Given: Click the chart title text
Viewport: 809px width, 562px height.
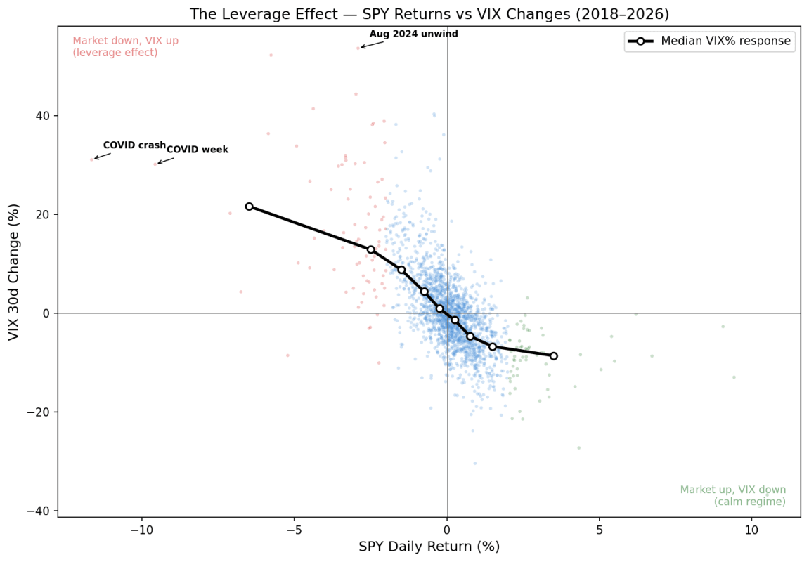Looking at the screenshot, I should tap(429, 14).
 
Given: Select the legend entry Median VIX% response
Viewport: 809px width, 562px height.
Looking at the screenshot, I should tap(725, 41).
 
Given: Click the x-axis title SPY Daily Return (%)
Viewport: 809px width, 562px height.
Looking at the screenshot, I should tap(429, 547).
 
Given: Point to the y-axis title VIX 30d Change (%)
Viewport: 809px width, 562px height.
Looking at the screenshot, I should tap(14, 272).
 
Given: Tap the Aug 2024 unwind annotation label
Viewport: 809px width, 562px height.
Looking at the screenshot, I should tap(413, 34).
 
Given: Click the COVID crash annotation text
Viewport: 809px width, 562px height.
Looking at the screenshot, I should tap(134, 145).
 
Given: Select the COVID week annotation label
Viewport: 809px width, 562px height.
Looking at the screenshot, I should tap(197, 150).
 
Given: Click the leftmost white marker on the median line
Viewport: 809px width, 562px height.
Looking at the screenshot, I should tap(249, 207).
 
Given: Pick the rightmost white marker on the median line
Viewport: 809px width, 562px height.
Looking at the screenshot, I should tap(553, 356).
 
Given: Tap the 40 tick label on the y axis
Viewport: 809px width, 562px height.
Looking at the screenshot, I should tap(42, 116).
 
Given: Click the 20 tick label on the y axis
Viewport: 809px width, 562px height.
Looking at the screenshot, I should tap(42, 214).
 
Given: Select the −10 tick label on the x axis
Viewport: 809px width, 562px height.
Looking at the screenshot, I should tap(141, 530).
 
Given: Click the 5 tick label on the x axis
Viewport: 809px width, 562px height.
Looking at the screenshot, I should tap(599, 530).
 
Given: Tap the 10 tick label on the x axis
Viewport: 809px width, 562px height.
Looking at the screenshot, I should tap(751, 530).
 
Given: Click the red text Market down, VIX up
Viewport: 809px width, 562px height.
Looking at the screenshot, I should tap(126, 41).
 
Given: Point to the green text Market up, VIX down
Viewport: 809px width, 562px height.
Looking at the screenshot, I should tap(733, 490).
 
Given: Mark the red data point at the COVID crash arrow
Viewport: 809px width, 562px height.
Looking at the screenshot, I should tap(91, 159).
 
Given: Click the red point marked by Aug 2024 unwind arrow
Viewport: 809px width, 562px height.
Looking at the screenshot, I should tap(358, 48).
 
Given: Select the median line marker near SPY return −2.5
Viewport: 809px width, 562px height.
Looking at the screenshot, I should tap(370, 249).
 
